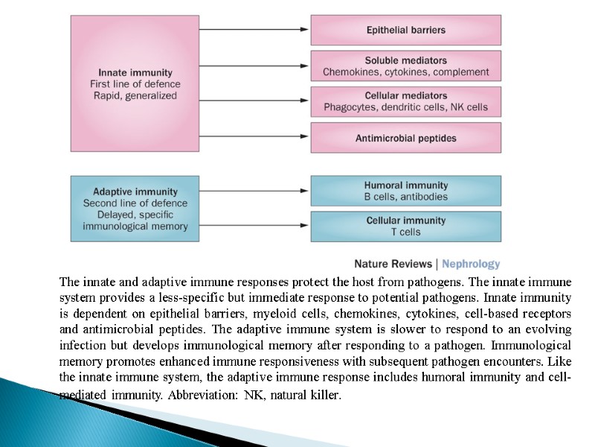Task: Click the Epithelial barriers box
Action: point(405,30)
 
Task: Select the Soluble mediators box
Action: point(405,66)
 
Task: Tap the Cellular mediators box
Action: point(405,101)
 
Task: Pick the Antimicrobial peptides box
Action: point(405,138)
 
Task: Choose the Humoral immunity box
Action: point(405,191)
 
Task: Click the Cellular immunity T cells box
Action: point(405,226)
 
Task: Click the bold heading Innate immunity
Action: point(135,73)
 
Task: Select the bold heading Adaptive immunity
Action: point(135,191)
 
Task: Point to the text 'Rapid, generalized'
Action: point(135,95)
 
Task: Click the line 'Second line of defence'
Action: point(135,203)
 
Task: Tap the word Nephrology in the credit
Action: point(472,264)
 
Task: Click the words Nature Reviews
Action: point(393,264)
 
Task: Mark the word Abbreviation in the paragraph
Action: point(200,396)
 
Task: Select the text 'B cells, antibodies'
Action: point(405,197)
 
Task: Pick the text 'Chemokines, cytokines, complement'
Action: point(405,72)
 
